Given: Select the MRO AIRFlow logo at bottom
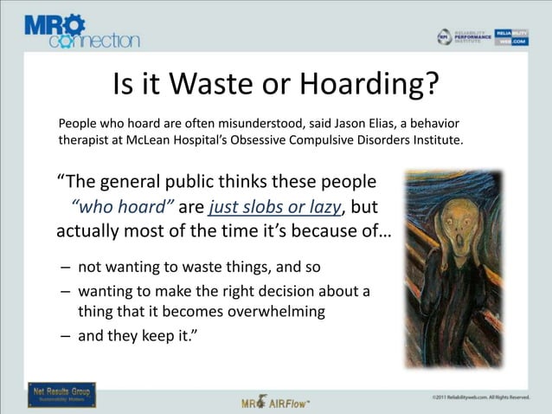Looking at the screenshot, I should click(276, 401).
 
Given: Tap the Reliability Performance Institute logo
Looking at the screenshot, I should click(464, 36).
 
